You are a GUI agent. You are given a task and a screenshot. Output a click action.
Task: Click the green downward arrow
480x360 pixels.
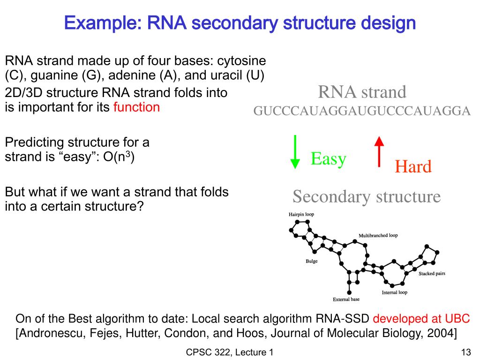[295, 151]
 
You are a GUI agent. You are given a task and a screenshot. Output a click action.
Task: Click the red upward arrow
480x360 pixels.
[379, 151]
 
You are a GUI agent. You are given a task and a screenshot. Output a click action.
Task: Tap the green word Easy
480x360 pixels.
[328, 159]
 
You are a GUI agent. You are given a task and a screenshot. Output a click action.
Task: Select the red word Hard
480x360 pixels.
[412, 166]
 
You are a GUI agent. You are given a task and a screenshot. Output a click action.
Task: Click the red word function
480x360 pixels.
[136, 107]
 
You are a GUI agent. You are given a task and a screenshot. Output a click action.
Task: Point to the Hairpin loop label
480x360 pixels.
[301, 214]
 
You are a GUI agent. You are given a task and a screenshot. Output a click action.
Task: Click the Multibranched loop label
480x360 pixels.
[378, 235]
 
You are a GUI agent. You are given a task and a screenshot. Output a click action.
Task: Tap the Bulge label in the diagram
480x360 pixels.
[311, 261]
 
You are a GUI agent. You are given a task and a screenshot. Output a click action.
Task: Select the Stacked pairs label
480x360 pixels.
[432, 273]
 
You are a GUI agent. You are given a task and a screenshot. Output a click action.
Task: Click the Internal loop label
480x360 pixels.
[394, 292]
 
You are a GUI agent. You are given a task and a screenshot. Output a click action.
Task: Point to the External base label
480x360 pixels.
[346, 299]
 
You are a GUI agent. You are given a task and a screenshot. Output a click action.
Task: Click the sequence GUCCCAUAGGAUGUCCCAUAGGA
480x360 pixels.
[362, 111]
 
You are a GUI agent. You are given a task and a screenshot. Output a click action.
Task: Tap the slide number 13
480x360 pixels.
[465, 352]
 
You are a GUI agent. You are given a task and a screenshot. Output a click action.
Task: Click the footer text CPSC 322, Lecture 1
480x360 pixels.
[230, 352]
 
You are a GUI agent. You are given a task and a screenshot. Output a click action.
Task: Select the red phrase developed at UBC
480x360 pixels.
[421, 319]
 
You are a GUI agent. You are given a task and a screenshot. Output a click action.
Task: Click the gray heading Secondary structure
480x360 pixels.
[367, 196]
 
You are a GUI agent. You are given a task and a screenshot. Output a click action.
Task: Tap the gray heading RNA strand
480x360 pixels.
[362, 92]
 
